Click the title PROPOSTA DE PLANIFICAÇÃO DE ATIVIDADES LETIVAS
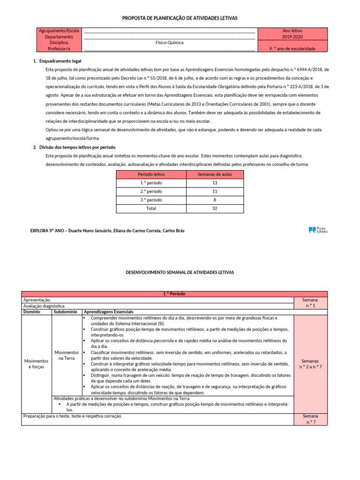(x=180, y=18)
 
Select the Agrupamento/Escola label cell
(x=59, y=30)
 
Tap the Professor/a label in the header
(x=59, y=48)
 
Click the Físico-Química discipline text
(x=169, y=43)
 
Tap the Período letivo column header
(x=151, y=174)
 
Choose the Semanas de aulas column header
(x=215, y=174)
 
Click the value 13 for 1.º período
(x=215, y=183)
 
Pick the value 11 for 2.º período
(x=215, y=191)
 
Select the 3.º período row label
(x=151, y=200)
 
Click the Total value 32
(x=215, y=208)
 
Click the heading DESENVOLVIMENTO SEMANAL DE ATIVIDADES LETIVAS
(x=180, y=272)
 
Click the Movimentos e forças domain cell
(x=36, y=364)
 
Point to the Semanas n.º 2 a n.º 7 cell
(x=310, y=364)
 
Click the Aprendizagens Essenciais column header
(x=108, y=312)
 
